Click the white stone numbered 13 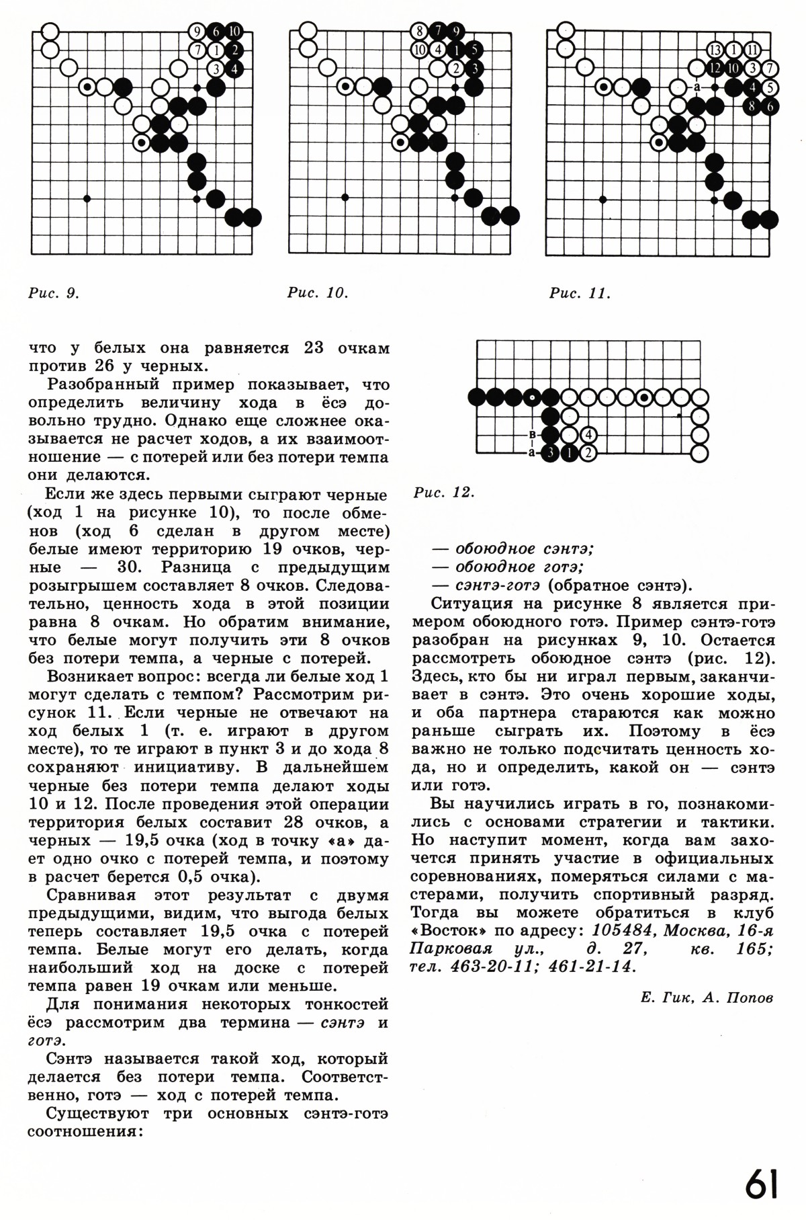tap(715, 50)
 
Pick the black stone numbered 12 tap(715, 68)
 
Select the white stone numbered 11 tap(752, 50)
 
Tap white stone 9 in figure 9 tap(197, 32)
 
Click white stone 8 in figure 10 tap(418, 31)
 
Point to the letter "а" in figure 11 tap(697, 87)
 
